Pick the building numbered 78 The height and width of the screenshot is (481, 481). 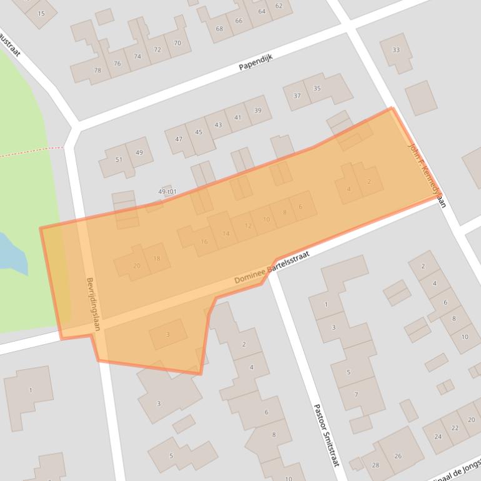pos(97,71)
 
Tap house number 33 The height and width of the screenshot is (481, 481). pos(395,50)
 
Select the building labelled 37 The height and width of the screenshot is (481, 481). pos(297,96)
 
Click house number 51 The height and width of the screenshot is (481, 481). pos(119,159)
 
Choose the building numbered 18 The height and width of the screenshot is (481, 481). pos(157,259)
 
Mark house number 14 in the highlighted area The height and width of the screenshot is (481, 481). pos(226,234)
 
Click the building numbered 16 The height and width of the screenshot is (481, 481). pos(204,242)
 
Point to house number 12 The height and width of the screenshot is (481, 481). pos(248,226)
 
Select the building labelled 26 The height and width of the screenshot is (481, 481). pos(398,456)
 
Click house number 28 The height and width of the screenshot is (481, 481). pos(375,465)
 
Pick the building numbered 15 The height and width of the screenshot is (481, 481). pos(41,13)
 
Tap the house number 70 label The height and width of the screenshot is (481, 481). pos(177,43)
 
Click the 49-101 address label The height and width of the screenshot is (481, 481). pos(168,192)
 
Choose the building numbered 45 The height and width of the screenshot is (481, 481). pos(199,132)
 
